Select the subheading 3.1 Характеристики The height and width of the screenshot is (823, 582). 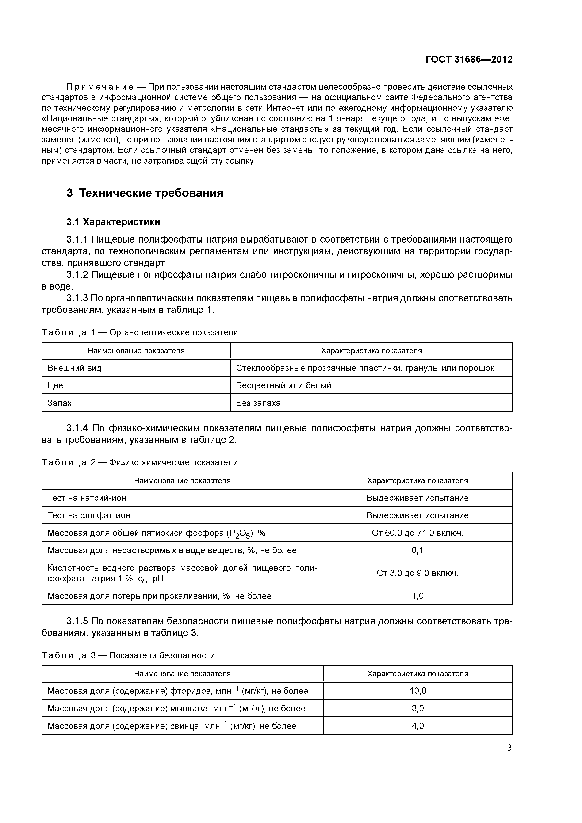(113, 222)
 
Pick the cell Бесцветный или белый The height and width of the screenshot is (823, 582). (283, 385)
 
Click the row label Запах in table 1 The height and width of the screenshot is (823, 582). (60, 403)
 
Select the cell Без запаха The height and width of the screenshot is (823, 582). (258, 403)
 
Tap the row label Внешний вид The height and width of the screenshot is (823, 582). (74, 368)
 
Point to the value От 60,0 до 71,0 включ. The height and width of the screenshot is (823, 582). (417, 533)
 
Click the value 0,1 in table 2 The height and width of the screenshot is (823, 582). (417, 550)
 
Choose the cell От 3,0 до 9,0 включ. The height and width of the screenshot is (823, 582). (417, 573)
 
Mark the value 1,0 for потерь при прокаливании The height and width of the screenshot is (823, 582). (417, 596)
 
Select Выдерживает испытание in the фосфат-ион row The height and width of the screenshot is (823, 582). (417, 515)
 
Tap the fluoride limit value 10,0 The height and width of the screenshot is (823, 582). (418, 691)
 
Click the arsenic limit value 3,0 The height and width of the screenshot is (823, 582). (418, 708)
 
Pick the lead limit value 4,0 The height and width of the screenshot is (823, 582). (418, 726)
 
